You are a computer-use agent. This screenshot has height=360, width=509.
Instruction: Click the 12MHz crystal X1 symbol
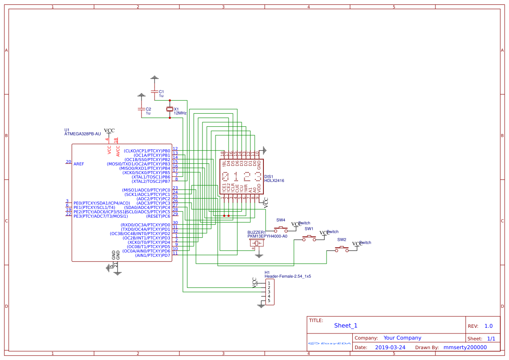(170, 109)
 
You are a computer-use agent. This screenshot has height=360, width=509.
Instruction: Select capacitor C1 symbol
(154, 92)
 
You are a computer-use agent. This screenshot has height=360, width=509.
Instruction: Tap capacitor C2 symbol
(141, 109)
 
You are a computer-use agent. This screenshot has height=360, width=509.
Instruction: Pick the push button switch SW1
(309, 237)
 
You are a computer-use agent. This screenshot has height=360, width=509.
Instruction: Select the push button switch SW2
(342, 249)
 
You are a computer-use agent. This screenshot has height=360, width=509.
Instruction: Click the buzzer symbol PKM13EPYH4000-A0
(257, 243)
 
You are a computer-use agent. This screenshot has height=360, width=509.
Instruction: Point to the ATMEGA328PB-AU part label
(82, 134)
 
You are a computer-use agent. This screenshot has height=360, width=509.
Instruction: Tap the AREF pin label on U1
(79, 164)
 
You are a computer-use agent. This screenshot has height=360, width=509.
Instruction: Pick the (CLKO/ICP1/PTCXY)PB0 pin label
(147, 151)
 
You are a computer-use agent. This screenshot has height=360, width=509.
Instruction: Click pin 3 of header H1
(269, 292)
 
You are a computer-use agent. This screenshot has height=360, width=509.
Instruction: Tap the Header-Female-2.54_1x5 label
(287, 276)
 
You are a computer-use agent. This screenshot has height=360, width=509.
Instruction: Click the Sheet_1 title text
(345, 326)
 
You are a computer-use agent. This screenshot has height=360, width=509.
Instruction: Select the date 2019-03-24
(390, 347)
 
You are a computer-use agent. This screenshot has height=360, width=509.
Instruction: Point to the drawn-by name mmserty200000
(465, 347)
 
